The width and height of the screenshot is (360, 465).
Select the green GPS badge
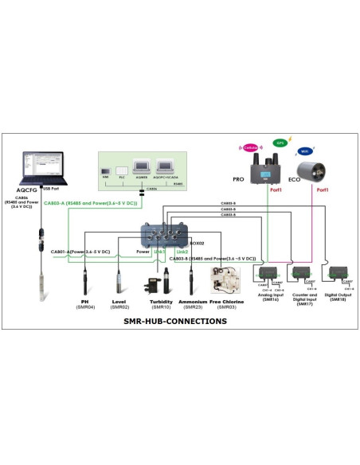pos(280,143)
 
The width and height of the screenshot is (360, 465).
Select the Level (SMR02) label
pos(119,304)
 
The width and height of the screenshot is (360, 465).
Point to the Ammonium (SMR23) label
pos(194,304)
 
